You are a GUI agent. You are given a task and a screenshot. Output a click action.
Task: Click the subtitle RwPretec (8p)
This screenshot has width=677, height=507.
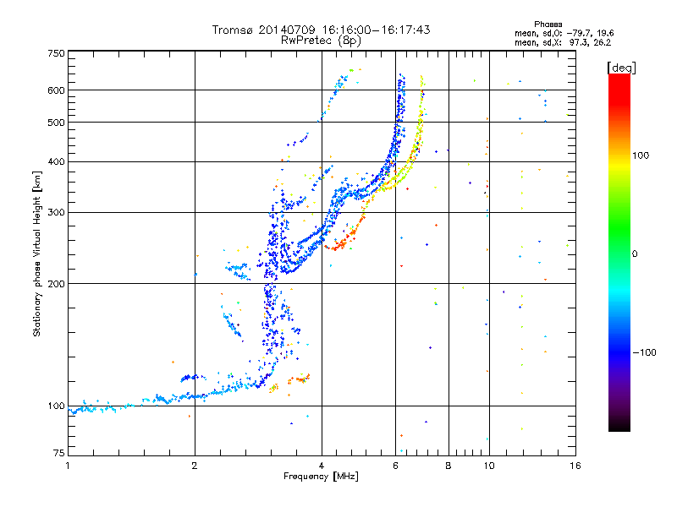pyautogui.click(x=321, y=41)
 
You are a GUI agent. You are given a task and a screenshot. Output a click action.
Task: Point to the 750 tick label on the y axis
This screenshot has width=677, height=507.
pyautogui.click(x=56, y=53)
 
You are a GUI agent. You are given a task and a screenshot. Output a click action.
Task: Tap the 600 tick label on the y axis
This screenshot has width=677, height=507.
pyautogui.click(x=56, y=90)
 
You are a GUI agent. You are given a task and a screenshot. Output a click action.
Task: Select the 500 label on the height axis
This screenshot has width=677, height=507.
pyautogui.click(x=56, y=122)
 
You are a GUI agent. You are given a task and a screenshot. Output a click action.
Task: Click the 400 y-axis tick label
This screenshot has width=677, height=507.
pyautogui.click(x=56, y=161)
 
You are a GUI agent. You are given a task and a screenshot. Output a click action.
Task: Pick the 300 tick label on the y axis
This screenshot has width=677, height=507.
pyautogui.click(x=56, y=212)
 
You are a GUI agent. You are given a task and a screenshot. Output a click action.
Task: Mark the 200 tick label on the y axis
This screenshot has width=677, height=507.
pyautogui.click(x=56, y=283)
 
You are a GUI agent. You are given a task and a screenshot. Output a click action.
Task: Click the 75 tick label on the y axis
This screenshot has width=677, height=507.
pyautogui.click(x=58, y=453)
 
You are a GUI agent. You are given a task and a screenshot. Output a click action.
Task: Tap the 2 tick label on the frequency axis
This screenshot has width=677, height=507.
pyautogui.click(x=195, y=466)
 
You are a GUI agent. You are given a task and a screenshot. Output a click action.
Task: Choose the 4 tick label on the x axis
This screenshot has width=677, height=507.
pyautogui.click(x=322, y=466)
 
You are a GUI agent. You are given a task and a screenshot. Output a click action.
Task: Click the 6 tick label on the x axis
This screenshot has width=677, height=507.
pyautogui.click(x=395, y=466)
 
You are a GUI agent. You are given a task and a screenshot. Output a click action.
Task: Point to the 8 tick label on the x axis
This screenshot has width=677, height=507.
pyautogui.click(x=449, y=466)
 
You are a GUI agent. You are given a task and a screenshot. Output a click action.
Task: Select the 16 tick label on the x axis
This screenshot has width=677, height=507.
pyautogui.click(x=575, y=466)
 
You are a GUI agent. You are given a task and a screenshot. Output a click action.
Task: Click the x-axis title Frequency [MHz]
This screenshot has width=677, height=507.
pyautogui.click(x=321, y=477)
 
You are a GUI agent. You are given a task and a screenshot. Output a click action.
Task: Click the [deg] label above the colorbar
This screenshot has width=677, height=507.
pyautogui.click(x=621, y=68)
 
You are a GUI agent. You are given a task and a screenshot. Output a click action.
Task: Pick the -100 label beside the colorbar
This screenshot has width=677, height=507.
pyautogui.click(x=644, y=352)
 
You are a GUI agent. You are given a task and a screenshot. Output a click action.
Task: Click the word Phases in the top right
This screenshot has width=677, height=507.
pyautogui.click(x=548, y=25)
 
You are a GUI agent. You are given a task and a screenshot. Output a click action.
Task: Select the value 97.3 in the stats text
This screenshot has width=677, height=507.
pyautogui.click(x=577, y=42)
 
